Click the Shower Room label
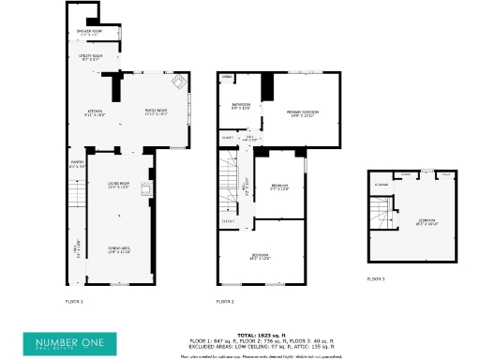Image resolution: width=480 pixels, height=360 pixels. [90, 33]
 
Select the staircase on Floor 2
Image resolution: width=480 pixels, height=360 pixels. [229, 182]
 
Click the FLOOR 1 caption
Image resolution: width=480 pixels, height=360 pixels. [74, 302]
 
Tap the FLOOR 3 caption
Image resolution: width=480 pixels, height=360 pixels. [376, 278]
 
